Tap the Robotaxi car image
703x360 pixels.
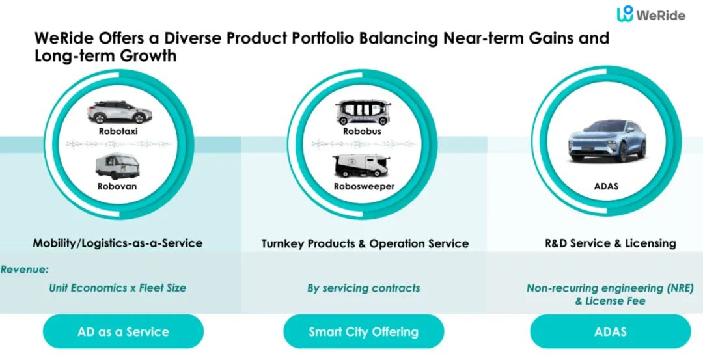tap(118, 112)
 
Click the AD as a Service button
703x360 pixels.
tap(123, 331)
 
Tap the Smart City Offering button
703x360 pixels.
tap(363, 331)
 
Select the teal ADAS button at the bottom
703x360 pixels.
tap(610, 331)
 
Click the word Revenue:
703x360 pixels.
tap(25, 269)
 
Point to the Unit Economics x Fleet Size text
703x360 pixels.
tap(117, 288)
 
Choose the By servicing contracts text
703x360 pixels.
tap(363, 288)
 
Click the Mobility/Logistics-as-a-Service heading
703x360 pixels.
tap(118, 243)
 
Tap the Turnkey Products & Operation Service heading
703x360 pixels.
tap(365, 243)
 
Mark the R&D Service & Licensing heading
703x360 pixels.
tap(610, 243)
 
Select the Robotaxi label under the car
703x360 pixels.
tap(118, 131)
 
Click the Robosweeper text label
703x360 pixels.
tap(364, 187)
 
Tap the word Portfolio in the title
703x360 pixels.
tap(348, 37)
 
